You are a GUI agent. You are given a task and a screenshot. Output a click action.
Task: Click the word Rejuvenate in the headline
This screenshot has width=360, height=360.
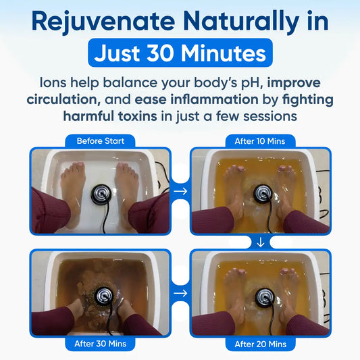point(103,22)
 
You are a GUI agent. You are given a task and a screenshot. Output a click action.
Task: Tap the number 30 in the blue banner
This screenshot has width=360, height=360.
point(160,53)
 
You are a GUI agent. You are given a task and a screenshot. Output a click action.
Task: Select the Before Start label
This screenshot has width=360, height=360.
point(101,141)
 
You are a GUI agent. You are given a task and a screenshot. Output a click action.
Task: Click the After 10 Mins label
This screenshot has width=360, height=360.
point(259,141)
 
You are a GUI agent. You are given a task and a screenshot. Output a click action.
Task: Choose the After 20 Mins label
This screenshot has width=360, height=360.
point(260,344)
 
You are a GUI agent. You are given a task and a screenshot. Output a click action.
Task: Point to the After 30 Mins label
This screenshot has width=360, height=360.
point(101,344)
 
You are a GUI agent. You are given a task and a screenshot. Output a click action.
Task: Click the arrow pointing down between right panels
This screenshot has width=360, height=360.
point(261,242)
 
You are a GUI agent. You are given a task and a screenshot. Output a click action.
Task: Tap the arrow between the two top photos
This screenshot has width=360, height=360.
point(180,191)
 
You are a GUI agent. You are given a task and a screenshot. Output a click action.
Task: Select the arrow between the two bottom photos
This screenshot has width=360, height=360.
point(180,293)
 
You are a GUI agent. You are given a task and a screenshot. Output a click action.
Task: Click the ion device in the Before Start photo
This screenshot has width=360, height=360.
point(101,195)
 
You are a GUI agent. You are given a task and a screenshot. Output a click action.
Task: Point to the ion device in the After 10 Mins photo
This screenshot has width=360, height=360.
point(263,194)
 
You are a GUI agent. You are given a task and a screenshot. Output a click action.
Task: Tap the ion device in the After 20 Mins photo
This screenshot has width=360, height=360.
point(265,297)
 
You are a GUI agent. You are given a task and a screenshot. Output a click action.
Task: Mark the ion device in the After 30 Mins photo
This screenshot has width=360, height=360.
point(104,297)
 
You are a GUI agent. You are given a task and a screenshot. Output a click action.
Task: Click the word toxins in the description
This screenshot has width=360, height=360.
point(138,116)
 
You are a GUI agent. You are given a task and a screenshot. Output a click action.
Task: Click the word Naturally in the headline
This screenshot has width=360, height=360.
point(241,22)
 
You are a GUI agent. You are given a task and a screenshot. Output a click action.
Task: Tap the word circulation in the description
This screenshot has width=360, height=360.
point(63,100)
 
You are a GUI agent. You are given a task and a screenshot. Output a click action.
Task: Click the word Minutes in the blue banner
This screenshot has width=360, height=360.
point(224,53)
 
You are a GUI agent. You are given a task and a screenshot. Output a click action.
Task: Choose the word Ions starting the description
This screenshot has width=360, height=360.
point(53,82)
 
